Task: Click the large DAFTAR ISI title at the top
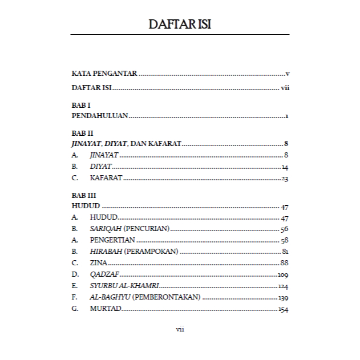tap(180, 25)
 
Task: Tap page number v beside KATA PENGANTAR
tap(288, 74)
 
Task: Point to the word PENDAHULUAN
tap(100, 116)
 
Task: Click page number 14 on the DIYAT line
tap(285, 167)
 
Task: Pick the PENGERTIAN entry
tap(112, 240)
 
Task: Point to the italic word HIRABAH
tap(106, 252)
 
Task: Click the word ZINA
tap(99, 263)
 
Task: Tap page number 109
tap(284, 275)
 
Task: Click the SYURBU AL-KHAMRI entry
tap(124, 286)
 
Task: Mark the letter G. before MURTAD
tap(75, 309)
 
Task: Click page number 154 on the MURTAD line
tap(284, 309)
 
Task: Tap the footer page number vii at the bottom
tap(180, 329)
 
